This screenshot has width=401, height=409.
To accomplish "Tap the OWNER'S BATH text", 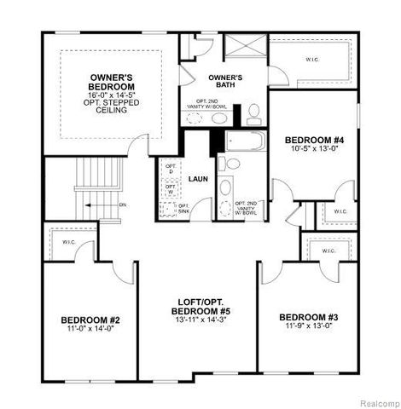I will [x=225, y=80].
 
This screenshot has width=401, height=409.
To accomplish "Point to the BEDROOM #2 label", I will [x=90, y=320].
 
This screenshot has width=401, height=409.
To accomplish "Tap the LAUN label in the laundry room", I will [x=199, y=179].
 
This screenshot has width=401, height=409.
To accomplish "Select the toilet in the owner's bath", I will [x=253, y=111].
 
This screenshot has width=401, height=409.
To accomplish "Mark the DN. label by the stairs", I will [x=123, y=204].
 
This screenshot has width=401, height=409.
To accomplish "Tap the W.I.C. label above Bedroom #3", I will [x=327, y=251].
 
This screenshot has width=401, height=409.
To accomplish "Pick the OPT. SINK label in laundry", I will [x=183, y=208].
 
